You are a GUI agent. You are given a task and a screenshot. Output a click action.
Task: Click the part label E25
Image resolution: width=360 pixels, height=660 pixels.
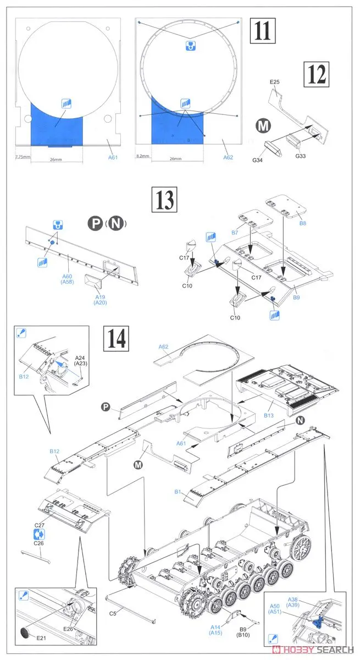point(275,83)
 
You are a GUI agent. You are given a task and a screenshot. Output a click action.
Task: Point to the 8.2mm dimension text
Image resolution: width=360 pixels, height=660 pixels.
point(142,157)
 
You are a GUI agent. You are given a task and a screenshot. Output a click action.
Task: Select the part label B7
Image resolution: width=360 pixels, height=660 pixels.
point(235,233)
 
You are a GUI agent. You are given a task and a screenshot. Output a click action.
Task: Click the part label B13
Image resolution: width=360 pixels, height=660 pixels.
point(268,416)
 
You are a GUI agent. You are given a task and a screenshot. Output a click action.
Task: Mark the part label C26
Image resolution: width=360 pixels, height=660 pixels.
point(38,543)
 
